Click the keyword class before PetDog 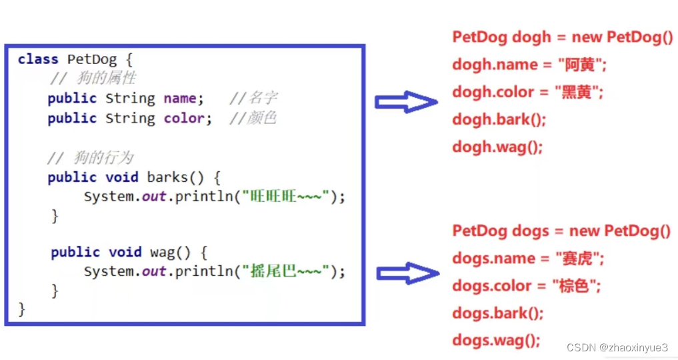[38, 59]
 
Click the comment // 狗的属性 [93, 79]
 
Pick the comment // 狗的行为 [91, 158]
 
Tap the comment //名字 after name [253, 99]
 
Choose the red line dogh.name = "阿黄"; [529, 65]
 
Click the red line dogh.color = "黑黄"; [527, 92]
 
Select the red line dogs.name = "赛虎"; [528, 259]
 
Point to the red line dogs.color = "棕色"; [527, 286]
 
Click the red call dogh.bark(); [499, 119]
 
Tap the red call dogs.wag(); [496, 341]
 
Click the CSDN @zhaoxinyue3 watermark [617, 347]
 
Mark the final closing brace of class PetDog [22, 309]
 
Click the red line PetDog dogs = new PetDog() [561, 231]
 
